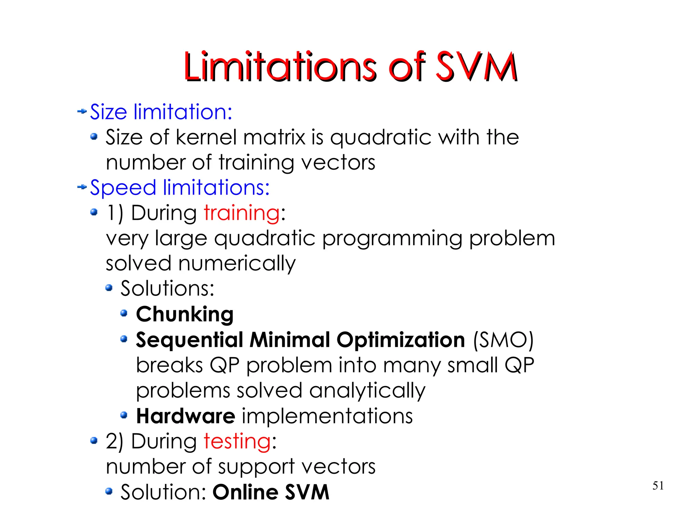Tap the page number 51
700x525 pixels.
coord(658,485)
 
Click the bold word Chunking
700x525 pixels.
coord(185,314)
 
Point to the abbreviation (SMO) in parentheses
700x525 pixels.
coord(503,340)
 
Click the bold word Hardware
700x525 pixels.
coord(186,416)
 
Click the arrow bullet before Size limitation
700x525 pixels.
coord(82,111)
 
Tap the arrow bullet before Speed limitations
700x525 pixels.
coord(82,187)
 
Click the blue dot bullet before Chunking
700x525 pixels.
coord(124,313)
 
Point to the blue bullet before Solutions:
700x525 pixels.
coord(109,288)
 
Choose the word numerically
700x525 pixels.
coord(237,263)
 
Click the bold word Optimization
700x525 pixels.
coord(401,340)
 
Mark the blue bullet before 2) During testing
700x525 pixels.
coord(94,441)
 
